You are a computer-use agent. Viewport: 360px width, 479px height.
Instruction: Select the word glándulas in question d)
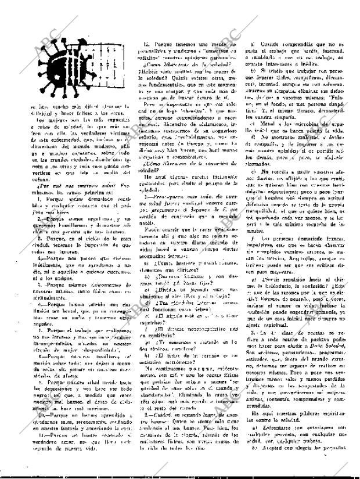pos(183,302)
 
